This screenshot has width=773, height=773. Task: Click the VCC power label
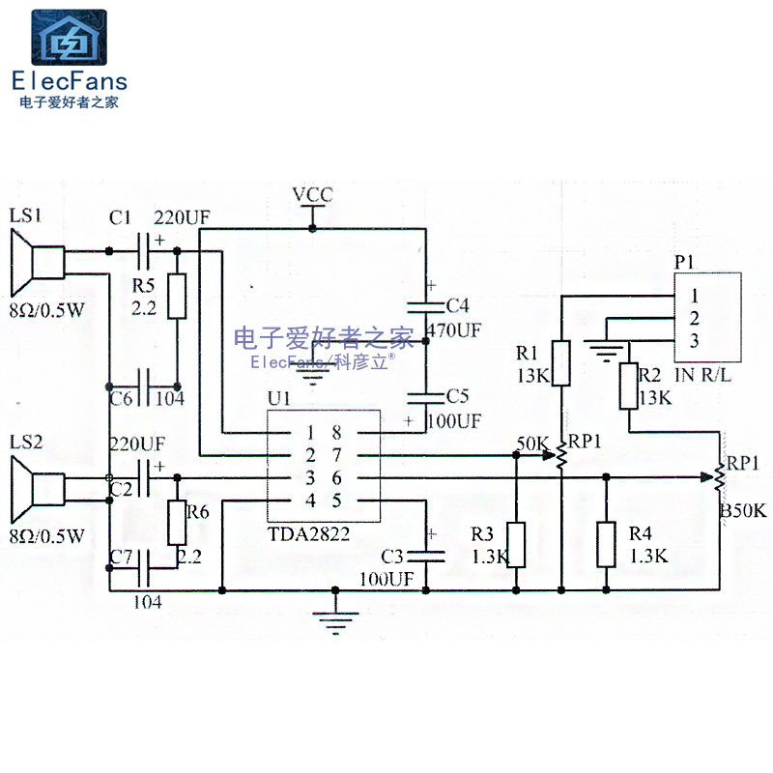point(312,195)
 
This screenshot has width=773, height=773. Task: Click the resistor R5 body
point(177,297)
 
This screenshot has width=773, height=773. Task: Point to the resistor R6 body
point(177,522)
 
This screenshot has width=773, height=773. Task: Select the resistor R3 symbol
point(516,545)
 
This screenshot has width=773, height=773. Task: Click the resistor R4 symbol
point(606,545)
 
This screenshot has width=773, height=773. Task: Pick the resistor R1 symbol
point(560,363)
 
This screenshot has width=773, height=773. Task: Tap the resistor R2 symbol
point(629,386)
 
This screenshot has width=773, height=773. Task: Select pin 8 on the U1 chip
point(337,432)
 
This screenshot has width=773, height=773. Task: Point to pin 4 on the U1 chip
point(310,500)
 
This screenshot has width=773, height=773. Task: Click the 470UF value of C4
point(453,329)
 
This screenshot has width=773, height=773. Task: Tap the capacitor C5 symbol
point(424,396)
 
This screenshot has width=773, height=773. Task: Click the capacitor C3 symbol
point(424,555)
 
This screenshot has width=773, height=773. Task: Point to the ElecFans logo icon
point(70,38)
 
